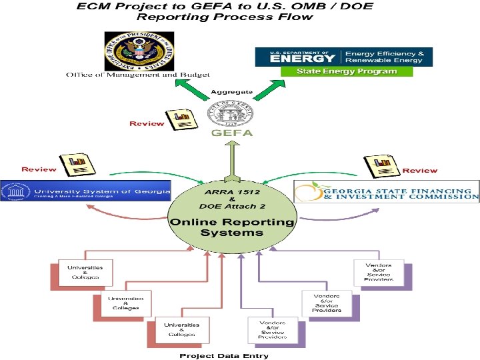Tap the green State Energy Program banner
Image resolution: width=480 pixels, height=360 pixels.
click(347, 71)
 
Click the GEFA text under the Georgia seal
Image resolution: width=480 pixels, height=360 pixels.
click(232, 133)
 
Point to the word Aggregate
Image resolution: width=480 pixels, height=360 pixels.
click(232, 91)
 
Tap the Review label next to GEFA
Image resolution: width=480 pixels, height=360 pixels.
click(146, 123)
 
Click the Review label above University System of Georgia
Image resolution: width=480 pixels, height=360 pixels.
click(39, 169)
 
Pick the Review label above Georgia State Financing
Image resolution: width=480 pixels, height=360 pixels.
click(420, 171)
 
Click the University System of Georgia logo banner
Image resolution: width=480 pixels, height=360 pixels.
click(85, 191)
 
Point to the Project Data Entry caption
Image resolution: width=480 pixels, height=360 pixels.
click(224, 355)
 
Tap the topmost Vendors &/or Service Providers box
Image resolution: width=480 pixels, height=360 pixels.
click(377, 272)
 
